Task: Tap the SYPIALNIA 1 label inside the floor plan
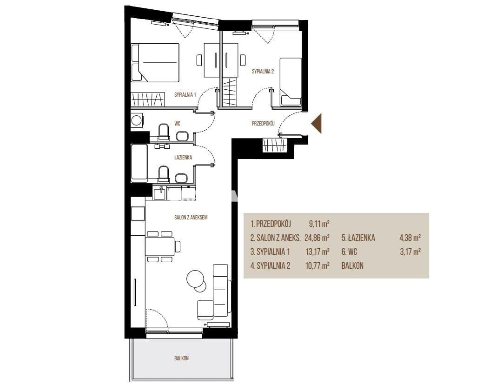(x=185, y=94)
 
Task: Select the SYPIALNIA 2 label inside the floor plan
(x=263, y=72)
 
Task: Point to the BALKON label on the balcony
(x=182, y=358)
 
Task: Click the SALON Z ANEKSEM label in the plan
(x=191, y=217)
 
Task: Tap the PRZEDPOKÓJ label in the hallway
(x=263, y=124)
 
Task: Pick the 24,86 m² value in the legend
(x=317, y=238)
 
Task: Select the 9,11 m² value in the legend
(x=319, y=224)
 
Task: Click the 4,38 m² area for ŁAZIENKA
(x=410, y=238)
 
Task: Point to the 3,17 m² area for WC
(x=410, y=252)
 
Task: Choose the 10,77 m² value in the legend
(x=317, y=266)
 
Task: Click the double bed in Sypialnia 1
(x=155, y=63)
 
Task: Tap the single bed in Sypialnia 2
(x=291, y=82)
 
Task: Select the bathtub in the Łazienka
(x=139, y=164)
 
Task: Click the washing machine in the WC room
(x=137, y=120)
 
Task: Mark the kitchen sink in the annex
(x=161, y=193)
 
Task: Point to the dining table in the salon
(x=160, y=246)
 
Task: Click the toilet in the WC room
(x=164, y=131)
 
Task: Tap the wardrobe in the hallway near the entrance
(x=275, y=146)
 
